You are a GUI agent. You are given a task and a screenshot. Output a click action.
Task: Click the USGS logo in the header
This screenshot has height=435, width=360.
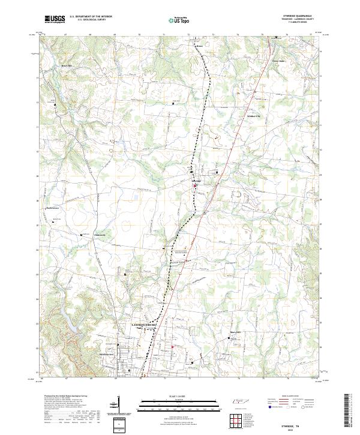(x=55, y=19)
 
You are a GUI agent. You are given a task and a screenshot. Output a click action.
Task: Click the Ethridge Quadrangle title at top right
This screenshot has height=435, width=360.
(x=297, y=16)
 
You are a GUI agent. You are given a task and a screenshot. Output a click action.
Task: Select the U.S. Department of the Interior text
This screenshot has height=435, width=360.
(x=90, y=17)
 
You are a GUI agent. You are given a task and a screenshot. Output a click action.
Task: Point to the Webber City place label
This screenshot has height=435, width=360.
(x=254, y=116)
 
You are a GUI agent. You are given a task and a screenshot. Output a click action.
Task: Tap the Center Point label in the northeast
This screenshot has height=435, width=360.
(x=277, y=61)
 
